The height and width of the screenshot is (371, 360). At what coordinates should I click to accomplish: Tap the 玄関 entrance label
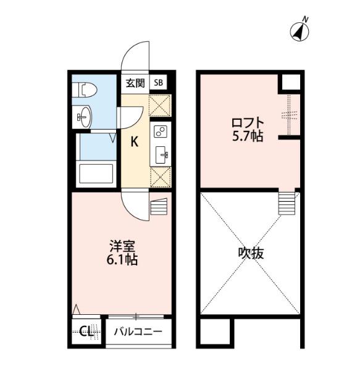click(x=135, y=83)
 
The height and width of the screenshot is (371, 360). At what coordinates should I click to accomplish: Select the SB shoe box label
click(x=158, y=83)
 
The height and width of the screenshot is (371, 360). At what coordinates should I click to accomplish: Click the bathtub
click(x=96, y=173)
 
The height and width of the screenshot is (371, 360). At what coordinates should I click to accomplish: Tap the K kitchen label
click(x=135, y=142)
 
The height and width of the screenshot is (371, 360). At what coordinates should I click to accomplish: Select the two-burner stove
click(x=160, y=131)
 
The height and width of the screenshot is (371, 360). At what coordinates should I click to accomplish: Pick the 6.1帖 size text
click(x=122, y=260)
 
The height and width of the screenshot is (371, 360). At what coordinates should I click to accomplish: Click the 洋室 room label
click(x=122, y=246)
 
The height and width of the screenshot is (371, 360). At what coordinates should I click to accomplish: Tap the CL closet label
click(x=86, y=331)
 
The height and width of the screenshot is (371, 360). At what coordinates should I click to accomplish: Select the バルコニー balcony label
click(x=138, y=331)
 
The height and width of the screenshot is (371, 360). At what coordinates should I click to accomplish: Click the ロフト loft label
click(x=248, y=123)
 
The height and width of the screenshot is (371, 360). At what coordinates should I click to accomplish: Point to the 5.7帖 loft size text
click(x=248, y=136)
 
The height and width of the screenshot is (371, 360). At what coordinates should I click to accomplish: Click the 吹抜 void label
click(x=251, y=253)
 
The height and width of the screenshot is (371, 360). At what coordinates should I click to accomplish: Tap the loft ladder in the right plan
click(x=287, y=203)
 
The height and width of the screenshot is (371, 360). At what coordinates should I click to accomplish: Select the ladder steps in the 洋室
click(x=159, y=207)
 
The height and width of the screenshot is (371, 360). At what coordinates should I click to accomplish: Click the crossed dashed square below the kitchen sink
click(x=161, y=177)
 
